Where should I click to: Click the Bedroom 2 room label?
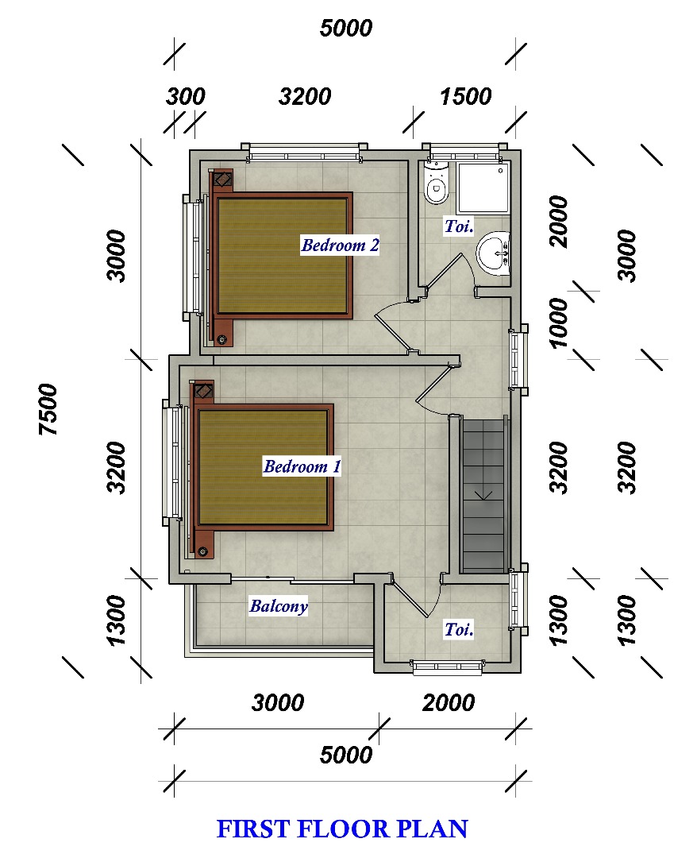click(x=340, y=245)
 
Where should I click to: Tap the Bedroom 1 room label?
click(x=302, y=466)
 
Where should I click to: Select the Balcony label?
click(x=279, y=605)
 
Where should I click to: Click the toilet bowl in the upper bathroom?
click(x=436, y=184)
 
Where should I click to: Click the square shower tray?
click(x=483, y=187)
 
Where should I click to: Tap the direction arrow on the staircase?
click(x=483, y=496)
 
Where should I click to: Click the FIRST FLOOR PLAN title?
click(x=342, y=829)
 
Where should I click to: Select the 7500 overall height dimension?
click(x=48, y=409)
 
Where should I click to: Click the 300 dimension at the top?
click(x=185, y=96)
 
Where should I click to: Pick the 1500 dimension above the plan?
click(x=466, y=96)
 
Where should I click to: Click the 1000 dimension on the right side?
click(x=559, y=323)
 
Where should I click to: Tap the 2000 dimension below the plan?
click(x=449, y=702)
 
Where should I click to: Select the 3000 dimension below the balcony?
click(x=278, y=702)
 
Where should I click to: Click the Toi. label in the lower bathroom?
click(x=458, y=629)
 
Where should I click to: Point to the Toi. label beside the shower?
click(x=458, y=226)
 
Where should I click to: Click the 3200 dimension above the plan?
click(x=305, y=96)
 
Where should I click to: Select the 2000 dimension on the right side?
click(x=559, y=222)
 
